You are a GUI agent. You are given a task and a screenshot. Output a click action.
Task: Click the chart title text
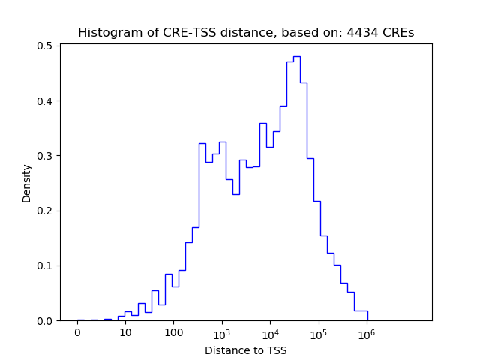click(x=246, y=33)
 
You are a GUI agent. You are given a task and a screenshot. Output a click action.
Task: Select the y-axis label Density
click(x=27, y=183)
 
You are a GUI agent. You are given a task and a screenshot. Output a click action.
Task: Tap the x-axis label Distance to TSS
click(x=246, y=350)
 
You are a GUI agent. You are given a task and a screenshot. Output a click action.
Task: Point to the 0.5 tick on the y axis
click(x=44, y=46)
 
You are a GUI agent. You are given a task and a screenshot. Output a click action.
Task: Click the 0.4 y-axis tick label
click(x=44, y=101)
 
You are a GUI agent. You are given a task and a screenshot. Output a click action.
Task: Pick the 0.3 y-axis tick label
click(x=44, y=156)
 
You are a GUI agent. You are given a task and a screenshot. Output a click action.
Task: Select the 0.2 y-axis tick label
click(x=44, y=211)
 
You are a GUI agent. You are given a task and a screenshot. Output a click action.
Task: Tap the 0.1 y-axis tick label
click(x=44, y=265)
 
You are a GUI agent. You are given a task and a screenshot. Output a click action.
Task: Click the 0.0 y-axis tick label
click(x=44, y=321)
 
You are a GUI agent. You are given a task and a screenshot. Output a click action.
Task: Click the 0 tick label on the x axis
click(x=77, y=333)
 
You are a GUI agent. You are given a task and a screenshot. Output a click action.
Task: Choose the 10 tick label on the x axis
click(x=125, y=333)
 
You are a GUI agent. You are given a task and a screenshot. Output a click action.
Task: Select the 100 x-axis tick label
click(x=173, y=333)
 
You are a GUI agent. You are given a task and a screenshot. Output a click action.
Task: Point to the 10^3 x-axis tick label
click(x=221, y=332)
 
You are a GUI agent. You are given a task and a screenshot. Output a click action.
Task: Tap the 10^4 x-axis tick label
click(x=270, y=332)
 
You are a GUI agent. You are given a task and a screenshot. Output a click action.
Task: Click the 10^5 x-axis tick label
click(x=318, y=332)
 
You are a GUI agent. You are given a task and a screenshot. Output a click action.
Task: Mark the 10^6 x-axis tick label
click(x=366, y=332)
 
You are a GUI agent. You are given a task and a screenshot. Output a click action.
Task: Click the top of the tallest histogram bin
click(x=296, y=57)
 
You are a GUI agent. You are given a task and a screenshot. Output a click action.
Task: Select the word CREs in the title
click(x=397, y=33)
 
